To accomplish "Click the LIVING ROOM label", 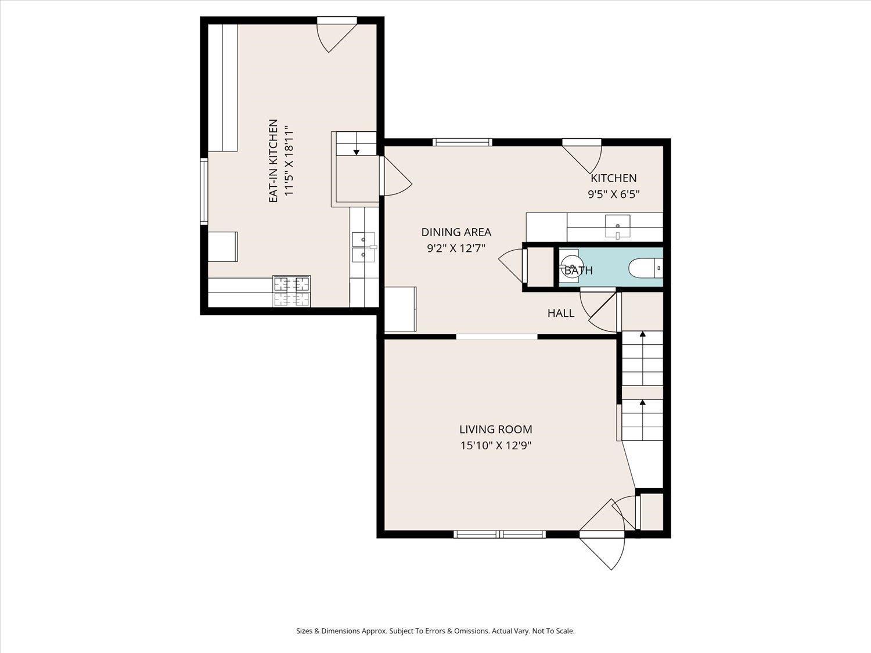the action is (496, 430).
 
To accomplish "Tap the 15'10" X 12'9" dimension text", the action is (496, 446).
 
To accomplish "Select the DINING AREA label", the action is (456, 232).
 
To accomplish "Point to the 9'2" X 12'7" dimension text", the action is (456, 248).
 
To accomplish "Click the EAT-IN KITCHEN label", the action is (273, 161).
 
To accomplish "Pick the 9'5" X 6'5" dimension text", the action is (613, 194).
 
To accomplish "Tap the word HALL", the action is (561, 313).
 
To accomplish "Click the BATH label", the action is (578, 271).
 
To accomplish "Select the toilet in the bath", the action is (645, 268).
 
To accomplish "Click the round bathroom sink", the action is (570, 265).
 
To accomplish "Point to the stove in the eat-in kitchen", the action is (291, 291).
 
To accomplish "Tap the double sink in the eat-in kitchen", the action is (363, 247).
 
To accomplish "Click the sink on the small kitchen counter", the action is (617, 227).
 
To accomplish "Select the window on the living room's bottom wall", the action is (499, 535).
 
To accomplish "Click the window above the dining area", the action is (462, 142).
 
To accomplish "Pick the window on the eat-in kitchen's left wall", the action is (204, 191).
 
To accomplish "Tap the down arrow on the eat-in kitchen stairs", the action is (357, 152).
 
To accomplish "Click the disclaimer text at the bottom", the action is (435, 631).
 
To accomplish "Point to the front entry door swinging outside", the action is (602, 551).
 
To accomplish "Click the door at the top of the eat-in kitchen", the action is (336, 35).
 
